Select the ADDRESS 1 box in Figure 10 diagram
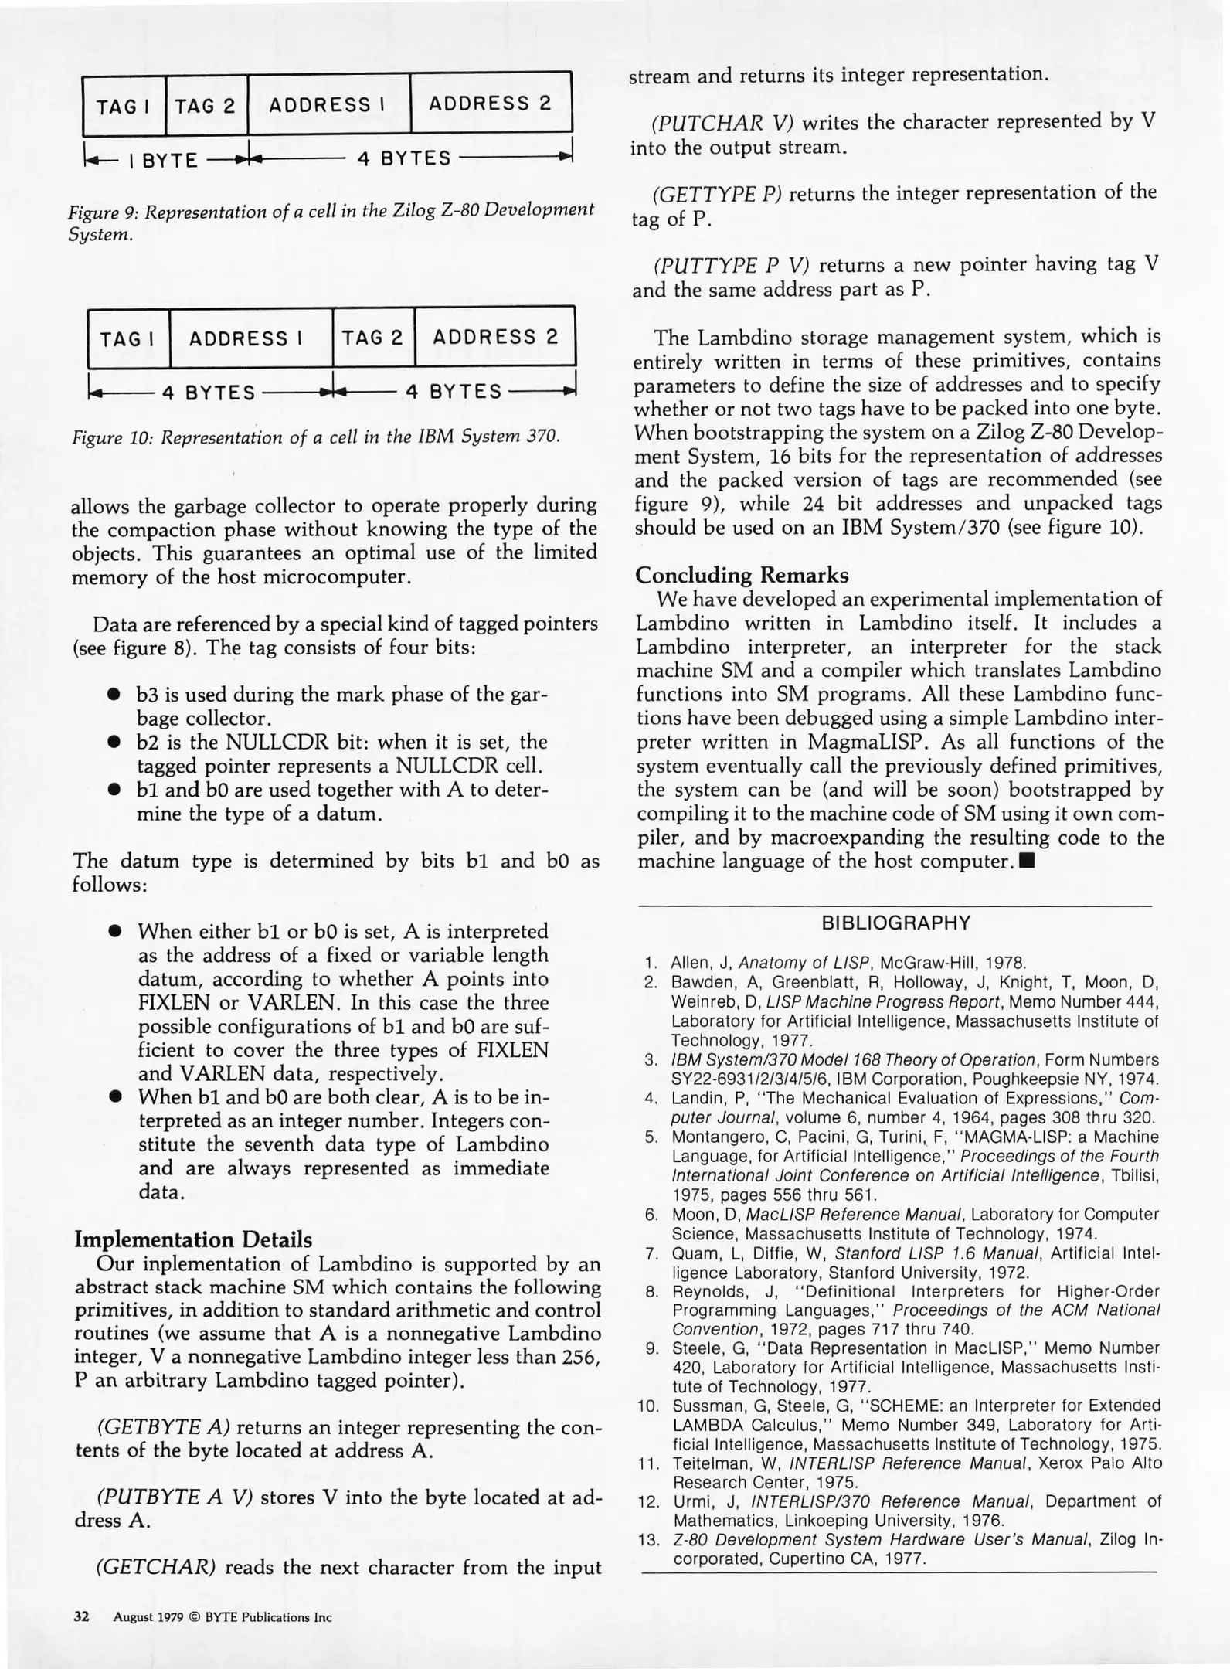[x=250, y=338]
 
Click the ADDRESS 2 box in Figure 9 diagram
[x=490, y=104]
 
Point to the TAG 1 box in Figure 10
[x=128, y=339]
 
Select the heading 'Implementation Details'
[x=193, y=1239]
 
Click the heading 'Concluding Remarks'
[x=741, y=575]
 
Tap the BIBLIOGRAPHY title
[x=895, y=923]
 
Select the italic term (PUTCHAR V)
[x=723, y=123]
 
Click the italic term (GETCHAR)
[x=154, y=1568]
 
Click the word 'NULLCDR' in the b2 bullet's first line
[x=275, y=743]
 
